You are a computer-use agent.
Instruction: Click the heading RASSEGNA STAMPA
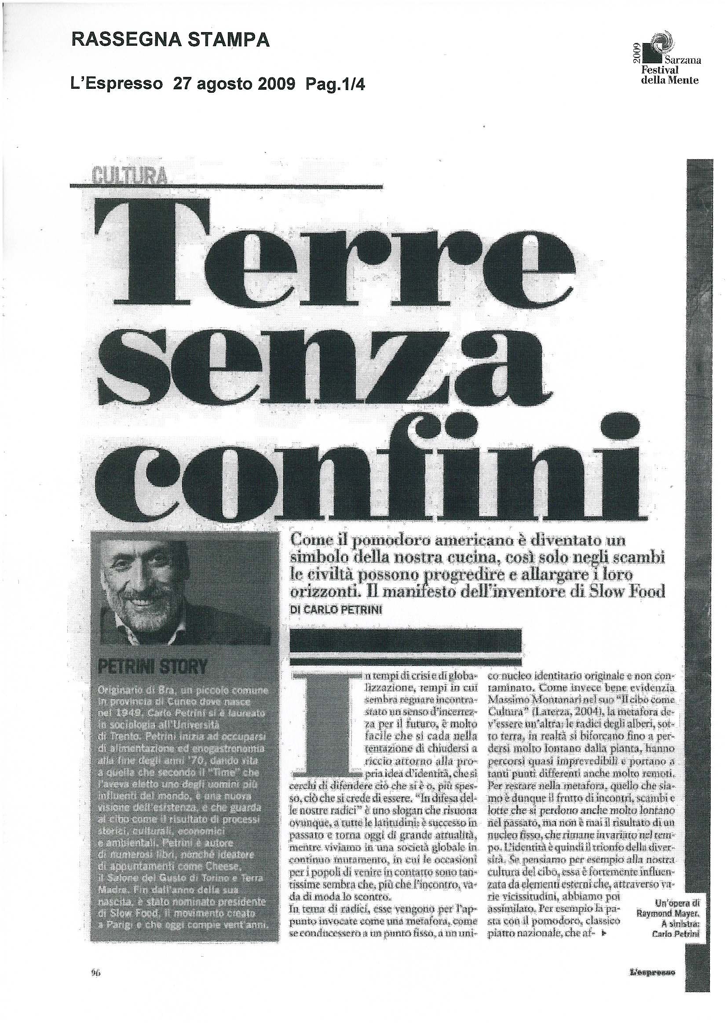[x=171, y=41]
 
